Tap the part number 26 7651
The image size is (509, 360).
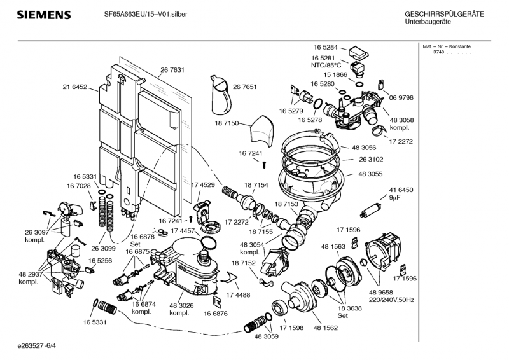click(245, 87)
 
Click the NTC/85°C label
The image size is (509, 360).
click(326, 65)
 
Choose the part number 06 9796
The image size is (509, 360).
click(402, 97)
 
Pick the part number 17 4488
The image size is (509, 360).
click(238, 294)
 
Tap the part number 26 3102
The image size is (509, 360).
click(372, 160)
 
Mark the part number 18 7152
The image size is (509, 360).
click(243, 263)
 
